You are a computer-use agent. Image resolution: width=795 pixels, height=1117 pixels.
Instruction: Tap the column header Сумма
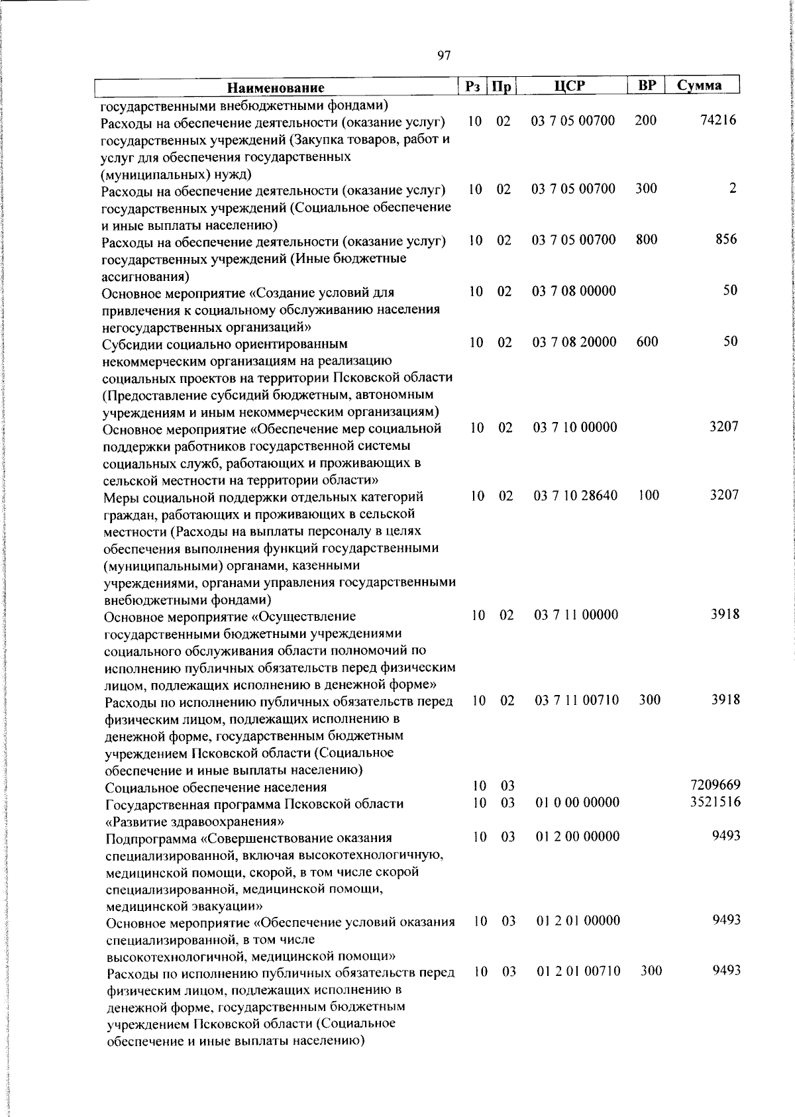click(x=699, y=85)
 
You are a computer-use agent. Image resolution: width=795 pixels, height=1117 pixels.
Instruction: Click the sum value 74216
click(x=718, y=121)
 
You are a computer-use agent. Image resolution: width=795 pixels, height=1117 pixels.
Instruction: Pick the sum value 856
click(x=726, y=239)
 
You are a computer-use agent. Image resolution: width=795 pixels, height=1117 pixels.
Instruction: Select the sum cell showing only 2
click(x=732, y=188)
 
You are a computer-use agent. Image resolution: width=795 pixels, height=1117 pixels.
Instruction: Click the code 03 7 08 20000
click(x=574, y=342)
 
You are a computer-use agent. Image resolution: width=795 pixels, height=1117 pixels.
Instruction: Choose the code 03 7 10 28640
click(x=576, y=496)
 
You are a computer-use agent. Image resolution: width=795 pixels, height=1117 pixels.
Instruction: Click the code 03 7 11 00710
click(x=576, y=700)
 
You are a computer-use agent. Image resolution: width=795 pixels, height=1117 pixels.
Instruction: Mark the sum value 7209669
click(x=715, y=785)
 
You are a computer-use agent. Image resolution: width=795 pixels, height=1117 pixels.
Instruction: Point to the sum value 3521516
click(x=715, y=802)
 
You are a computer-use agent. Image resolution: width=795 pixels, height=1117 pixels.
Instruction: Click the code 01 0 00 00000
click(x=577, y=803)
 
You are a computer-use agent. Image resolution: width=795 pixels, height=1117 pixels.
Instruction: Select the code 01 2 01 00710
click(x=578, y=971)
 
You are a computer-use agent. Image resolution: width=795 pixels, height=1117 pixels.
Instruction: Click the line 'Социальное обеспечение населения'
click(x=216, y=787)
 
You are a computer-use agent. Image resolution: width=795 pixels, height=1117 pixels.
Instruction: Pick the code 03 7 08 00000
click(x=574, y=291)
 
